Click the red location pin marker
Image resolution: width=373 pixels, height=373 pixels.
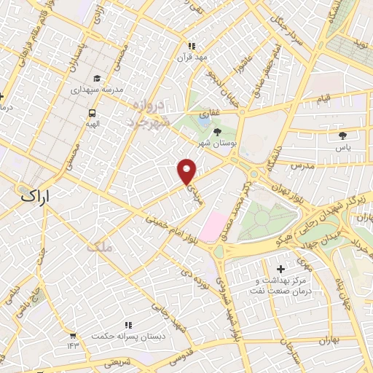click(187, 171)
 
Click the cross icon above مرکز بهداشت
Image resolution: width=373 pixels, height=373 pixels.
click(281, 269)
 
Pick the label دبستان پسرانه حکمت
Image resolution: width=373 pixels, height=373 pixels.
click(128, 336)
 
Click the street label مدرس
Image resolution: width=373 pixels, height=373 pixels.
click(302, 165)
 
